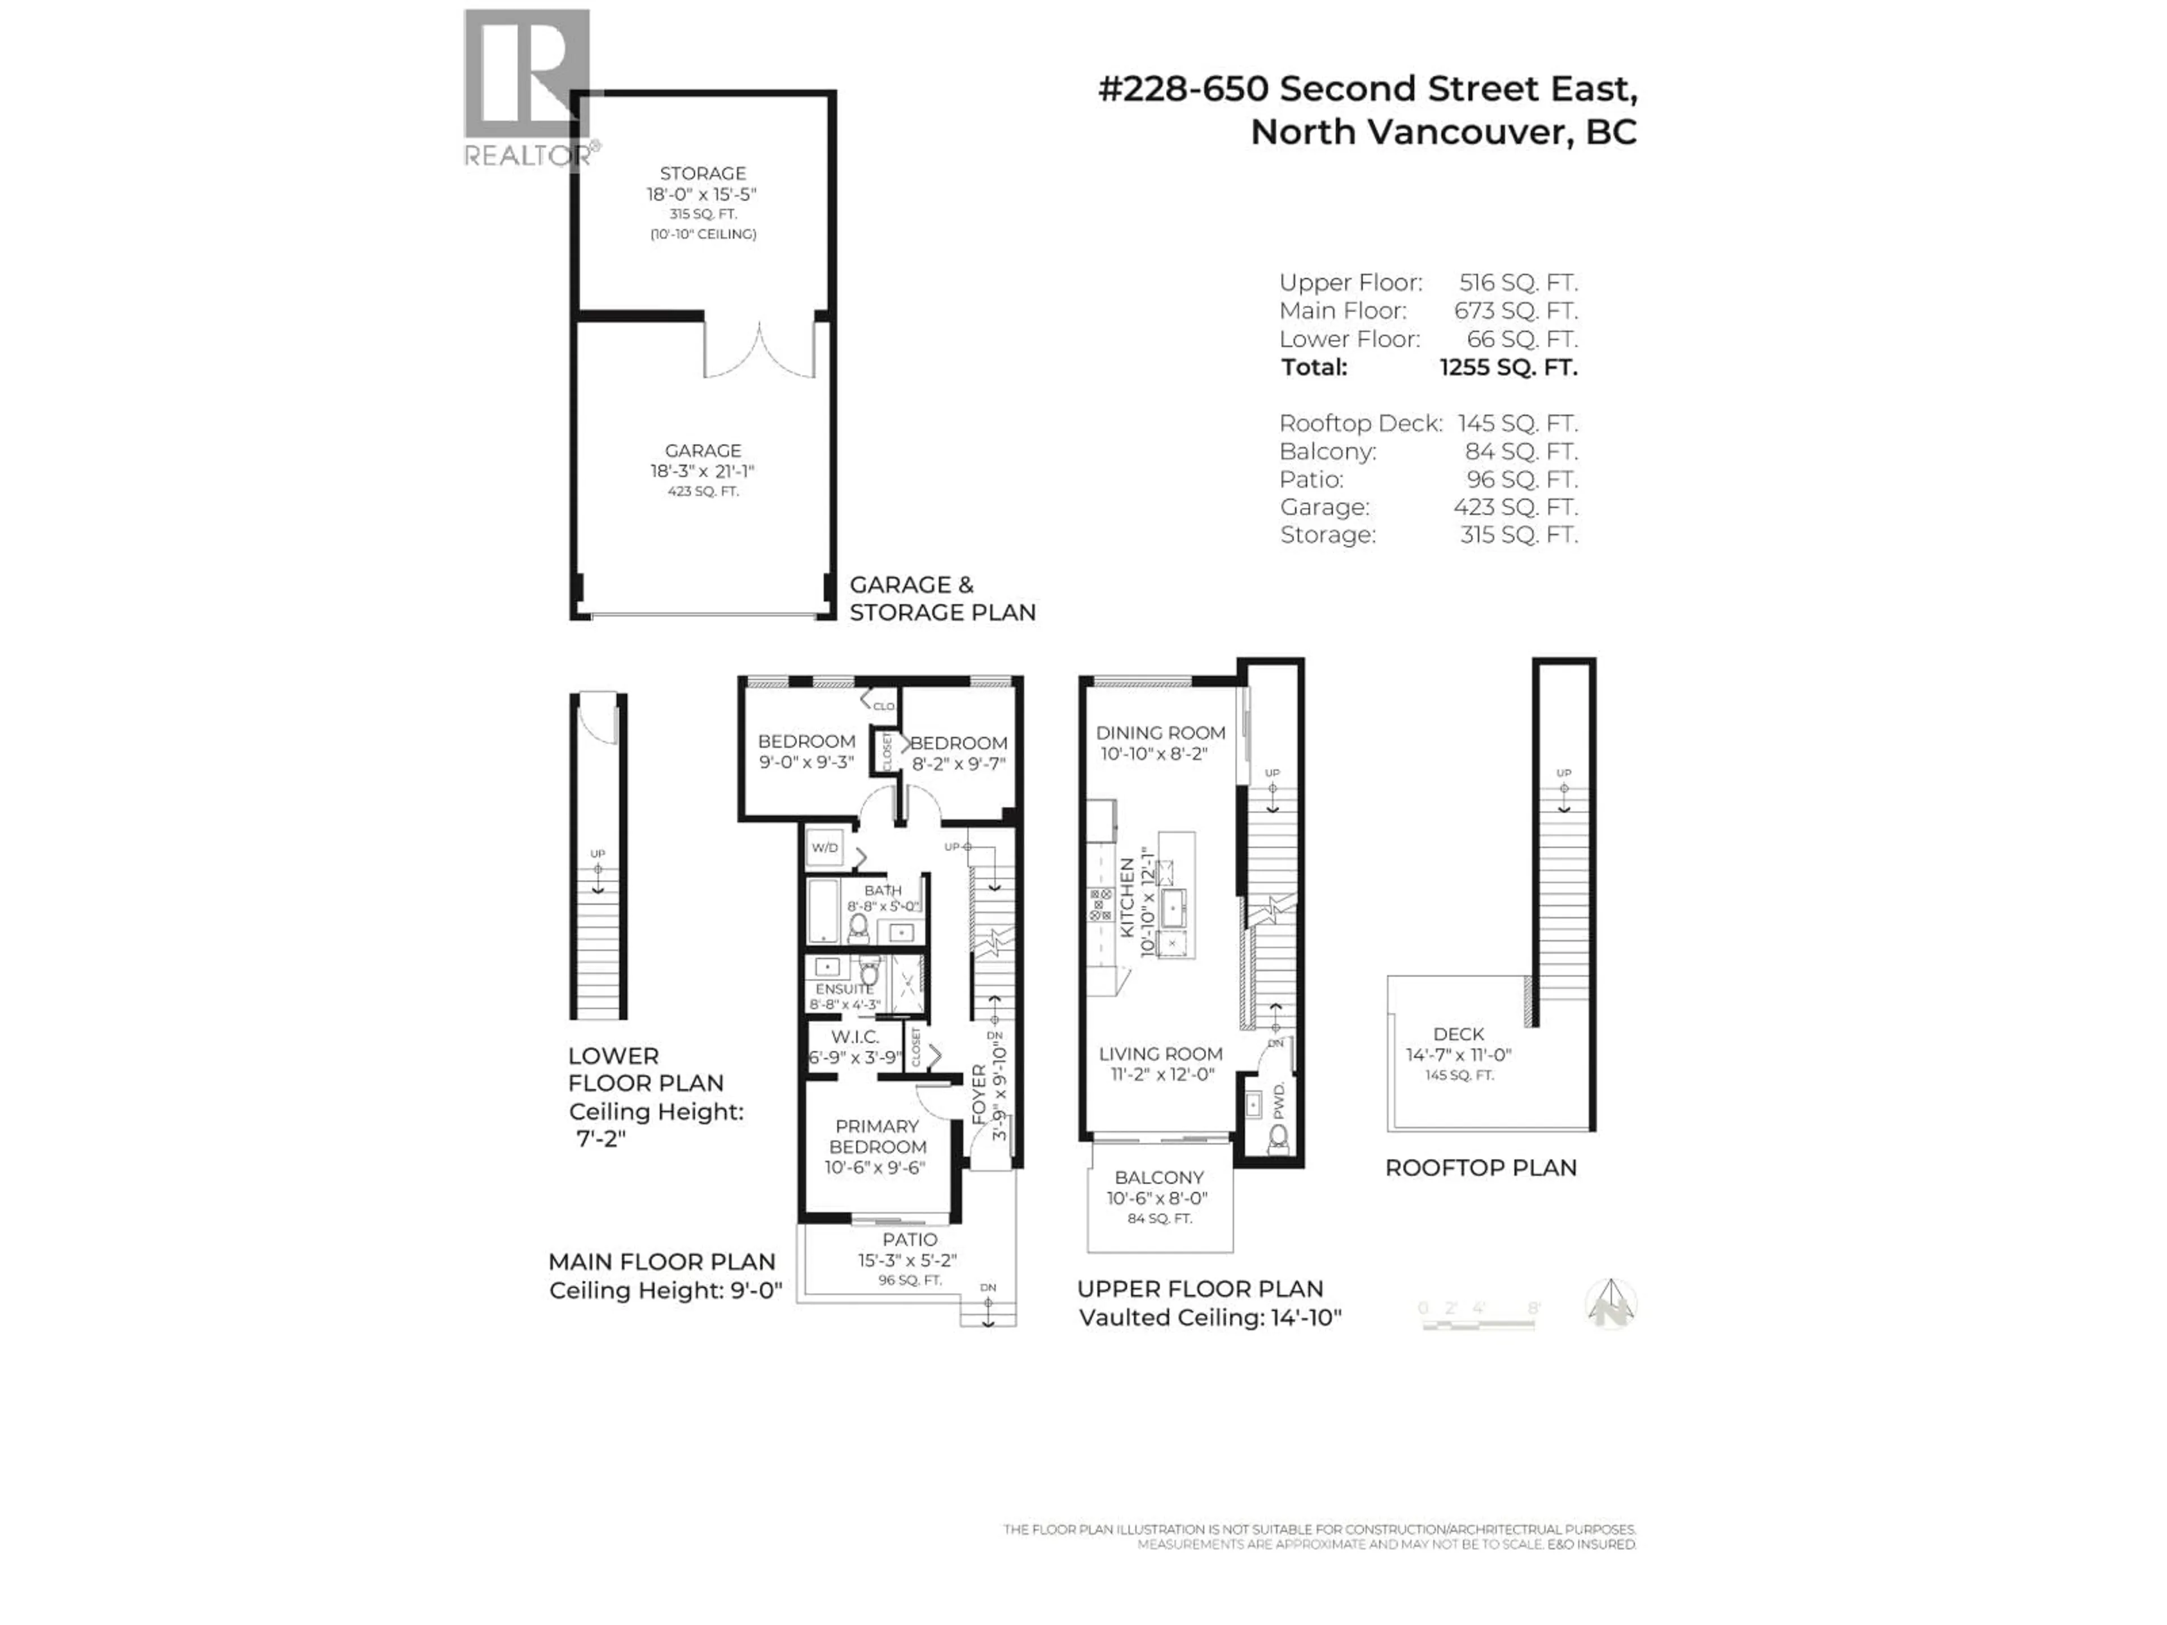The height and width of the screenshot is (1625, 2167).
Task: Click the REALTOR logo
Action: [527, 88]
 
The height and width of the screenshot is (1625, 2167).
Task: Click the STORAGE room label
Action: [703, 173]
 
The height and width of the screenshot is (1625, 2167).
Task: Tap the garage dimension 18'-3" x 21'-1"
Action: [703, 471]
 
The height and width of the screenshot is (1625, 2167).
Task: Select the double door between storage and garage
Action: [759, 350]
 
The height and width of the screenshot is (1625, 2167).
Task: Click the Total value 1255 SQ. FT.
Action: [1508, 367]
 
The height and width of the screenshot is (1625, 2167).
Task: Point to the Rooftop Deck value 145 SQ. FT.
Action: [1517, 423]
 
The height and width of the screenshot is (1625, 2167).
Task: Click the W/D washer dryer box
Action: [825, 847]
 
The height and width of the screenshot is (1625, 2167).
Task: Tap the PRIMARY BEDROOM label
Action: [877, 1136]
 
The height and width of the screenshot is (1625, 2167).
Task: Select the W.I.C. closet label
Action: [854, 1037]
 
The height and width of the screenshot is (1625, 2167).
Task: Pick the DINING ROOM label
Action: [1160, 733]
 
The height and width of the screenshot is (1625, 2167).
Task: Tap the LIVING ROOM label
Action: [1160, 1054]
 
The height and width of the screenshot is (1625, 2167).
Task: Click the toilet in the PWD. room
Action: [1278, 1138]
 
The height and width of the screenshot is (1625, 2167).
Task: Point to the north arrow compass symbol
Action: [1611, 1304]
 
